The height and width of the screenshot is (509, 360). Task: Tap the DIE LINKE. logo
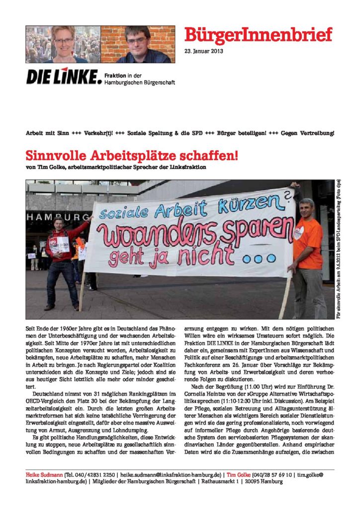64,77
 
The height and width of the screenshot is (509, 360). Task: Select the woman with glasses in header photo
63,44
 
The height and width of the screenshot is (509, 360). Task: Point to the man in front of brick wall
137,44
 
